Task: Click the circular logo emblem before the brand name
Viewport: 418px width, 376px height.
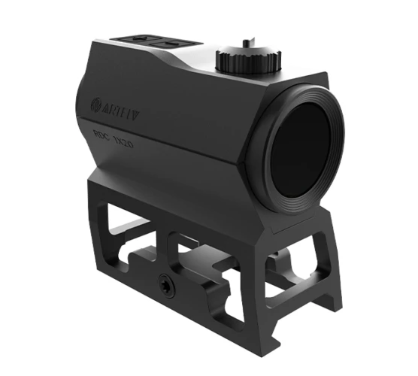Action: coord(96,103)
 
